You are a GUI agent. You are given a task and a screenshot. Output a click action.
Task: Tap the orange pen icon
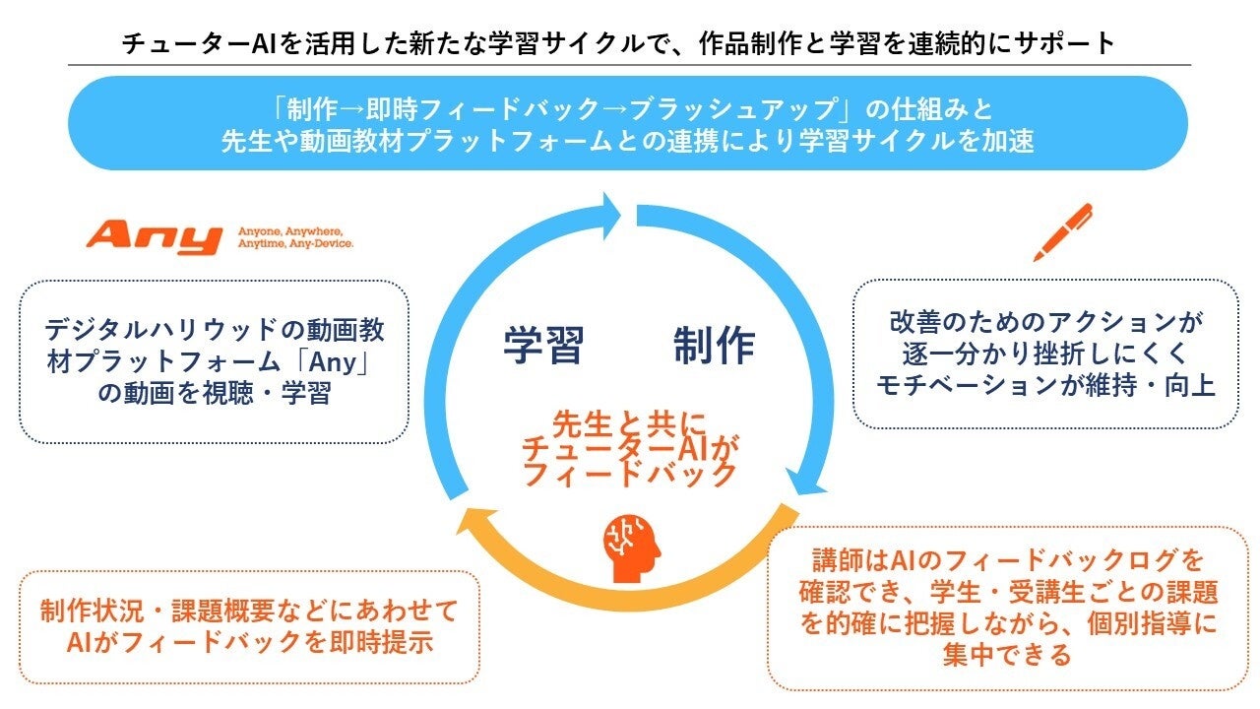click(x=1062, y=232)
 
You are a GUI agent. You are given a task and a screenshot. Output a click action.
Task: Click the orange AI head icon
click(x=630, y=548)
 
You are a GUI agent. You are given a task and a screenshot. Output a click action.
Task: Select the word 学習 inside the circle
click(x=543, y=346)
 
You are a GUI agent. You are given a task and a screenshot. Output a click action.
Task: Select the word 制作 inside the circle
click(x=714, y=346)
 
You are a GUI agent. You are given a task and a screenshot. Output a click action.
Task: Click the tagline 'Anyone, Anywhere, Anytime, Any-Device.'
click(x=295, y=237)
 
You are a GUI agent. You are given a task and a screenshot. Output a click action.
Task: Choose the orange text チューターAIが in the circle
click(x=629, y=449)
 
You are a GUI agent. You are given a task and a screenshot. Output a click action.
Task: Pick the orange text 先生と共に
click(x=629, y=423)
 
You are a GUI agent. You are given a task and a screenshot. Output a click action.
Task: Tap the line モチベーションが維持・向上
click(x=1045, y=384)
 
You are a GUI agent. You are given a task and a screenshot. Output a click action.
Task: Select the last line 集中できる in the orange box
click(x=1006, y=654)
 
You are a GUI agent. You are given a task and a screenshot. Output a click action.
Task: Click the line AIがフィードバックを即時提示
click(x=250, y=642)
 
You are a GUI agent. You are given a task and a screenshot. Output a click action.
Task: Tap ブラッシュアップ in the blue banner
click(x=738, y=106)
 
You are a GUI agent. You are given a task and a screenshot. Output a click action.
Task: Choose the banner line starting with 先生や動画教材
click(x=628, y=140)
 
